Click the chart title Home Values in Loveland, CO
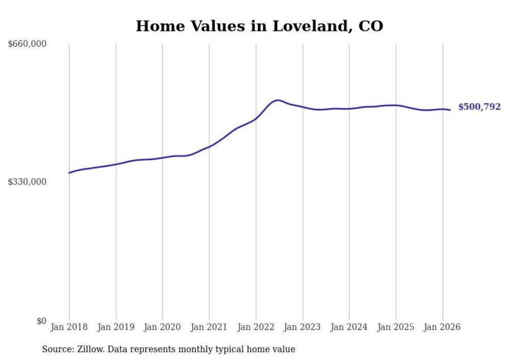[259, 26]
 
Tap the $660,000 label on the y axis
[27, 44]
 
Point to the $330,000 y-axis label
[27, 182]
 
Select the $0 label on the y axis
[41, 321]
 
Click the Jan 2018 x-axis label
[69, 327]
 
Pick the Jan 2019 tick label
[116, 327]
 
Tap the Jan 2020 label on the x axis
[162, 327]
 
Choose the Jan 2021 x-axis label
[209, 327]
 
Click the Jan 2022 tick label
[256, 327]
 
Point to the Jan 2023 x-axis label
[302, 327]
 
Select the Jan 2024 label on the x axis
[349, 327]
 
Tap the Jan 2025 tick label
[396, 327]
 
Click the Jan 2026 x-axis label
[442, 327]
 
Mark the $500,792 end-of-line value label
[479, 107]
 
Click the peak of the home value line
[278, 100]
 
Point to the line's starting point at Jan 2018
[69, 173]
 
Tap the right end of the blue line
[450, 110]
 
